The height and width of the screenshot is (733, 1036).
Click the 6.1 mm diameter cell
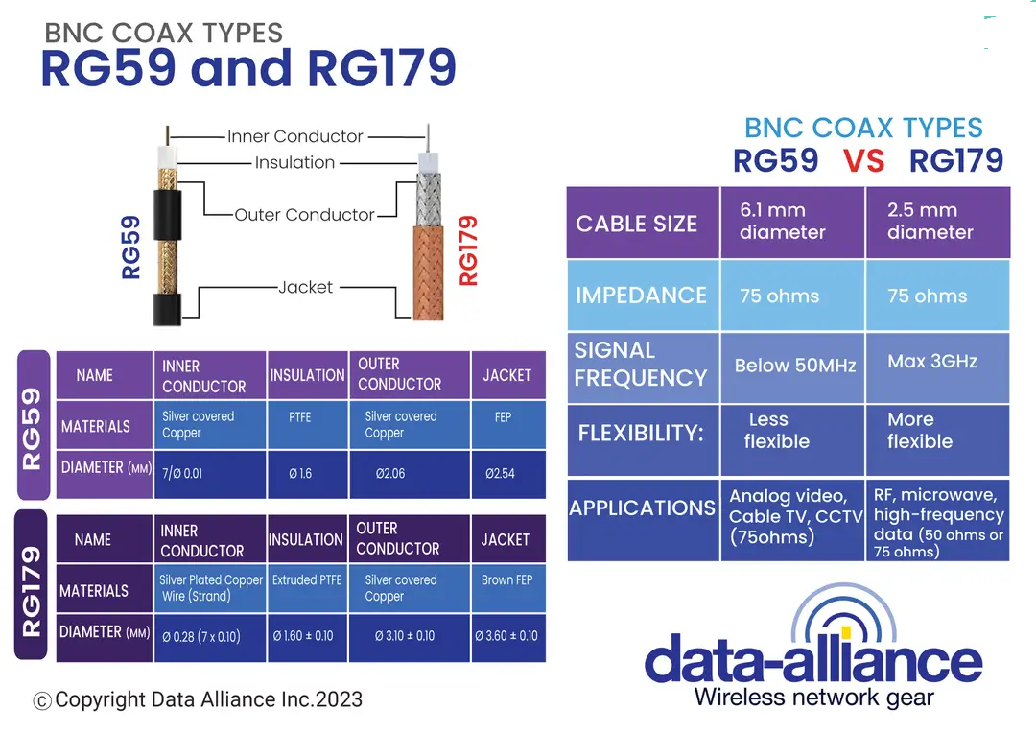[x=792, y=222]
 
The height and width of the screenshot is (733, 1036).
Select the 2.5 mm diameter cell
[x=937, y=222]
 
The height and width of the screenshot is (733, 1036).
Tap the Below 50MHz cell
[x=792, y=366]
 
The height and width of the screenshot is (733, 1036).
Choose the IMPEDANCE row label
[x=642, y=296]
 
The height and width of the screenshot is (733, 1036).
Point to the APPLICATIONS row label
[x=642, y=508]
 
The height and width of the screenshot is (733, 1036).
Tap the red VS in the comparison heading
[x=864, y=161]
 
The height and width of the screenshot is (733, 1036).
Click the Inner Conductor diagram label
[x=294, y=136]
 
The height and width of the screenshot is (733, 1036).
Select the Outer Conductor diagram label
[x=304, y=215]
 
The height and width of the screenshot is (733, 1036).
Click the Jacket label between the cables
[x=306, y=287]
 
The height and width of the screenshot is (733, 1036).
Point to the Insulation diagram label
[x=294, y=163]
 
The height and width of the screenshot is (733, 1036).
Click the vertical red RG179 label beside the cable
[x=468, y=250]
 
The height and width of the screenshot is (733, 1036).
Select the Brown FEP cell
[x=506, y=580]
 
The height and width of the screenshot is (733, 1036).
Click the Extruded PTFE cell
[x=306, y=580]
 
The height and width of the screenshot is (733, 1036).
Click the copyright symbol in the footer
[x=42, y=701]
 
